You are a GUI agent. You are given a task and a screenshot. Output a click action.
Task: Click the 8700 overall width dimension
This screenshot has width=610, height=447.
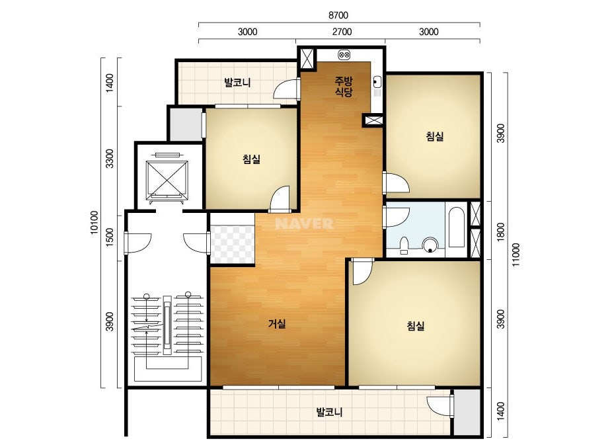pyautogui.click(x=338, y=15)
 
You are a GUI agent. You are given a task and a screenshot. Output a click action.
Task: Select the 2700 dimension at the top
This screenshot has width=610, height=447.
pyautogui.click(x=342, y=32)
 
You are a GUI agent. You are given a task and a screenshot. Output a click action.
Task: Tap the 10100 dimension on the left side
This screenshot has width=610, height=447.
pyautogui.click(x=95, y=222)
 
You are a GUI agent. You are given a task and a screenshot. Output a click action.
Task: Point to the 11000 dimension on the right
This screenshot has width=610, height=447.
pyautogui.click(x=516, y=255)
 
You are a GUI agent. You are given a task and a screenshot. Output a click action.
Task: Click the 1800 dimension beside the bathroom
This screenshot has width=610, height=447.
pyautogui.click(x=501, y=231)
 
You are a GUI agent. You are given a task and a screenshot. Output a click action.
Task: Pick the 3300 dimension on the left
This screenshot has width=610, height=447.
pyautogui.click(x=110, y=159)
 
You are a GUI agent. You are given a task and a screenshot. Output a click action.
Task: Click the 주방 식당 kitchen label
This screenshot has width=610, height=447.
pyautogui.click(x=344, y=87)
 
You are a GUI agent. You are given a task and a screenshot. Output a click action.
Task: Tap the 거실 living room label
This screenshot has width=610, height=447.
pyautogui.click(x=277, y=323)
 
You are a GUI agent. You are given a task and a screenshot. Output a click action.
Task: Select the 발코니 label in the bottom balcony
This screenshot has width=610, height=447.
pyautogui.click(x=329, y=412)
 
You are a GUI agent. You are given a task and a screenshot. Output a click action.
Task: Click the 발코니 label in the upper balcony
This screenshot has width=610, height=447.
pyautogui.click(x=237, y=83)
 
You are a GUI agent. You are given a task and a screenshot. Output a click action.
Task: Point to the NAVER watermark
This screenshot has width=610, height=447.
pyautogui.click(x=304, y=223)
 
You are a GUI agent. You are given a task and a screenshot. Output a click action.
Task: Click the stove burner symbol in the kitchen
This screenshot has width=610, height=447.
pyautogui.click(x=344, y=54)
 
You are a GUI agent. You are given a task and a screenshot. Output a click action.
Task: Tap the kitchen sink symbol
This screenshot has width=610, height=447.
pyautogui.click(x=377, y=83)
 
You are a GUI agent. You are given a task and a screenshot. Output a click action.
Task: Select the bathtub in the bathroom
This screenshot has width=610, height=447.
pyautogui.click(x=456, y=227)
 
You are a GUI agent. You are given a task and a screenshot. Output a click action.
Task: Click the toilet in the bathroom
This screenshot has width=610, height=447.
pyautogui.click(x=404, y=245)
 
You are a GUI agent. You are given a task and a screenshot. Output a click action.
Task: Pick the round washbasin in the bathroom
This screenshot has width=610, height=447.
pyautogui.click(x=430, y=245)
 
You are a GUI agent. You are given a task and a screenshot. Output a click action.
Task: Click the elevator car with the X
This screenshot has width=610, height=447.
pyautogui.click(x=167, y=178)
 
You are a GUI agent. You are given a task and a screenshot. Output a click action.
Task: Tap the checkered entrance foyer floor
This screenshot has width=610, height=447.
pyautogui.click(x=232, y=244)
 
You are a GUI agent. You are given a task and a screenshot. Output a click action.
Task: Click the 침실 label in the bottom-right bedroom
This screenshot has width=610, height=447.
pyautogui.click(x=416, y=326)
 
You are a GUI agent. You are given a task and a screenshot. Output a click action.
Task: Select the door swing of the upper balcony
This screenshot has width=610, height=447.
pyautogui.click(x=286, y=89)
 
